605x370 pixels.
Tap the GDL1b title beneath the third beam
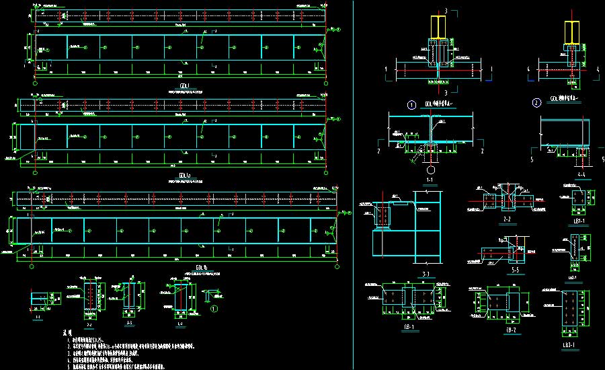tap(199, 267)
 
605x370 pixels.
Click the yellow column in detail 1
tap(437, 27)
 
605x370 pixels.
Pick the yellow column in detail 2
tap(571, 31)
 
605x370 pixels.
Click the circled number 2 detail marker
tap(536, 104)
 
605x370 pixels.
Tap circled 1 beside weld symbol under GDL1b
tap(214, 309)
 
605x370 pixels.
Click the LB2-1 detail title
tap(573, 277)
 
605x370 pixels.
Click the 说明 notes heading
tap(67, 333)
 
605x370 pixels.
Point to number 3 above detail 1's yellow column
tap(444, 11)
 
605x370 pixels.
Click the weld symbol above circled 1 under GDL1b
tap(214, 294)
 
